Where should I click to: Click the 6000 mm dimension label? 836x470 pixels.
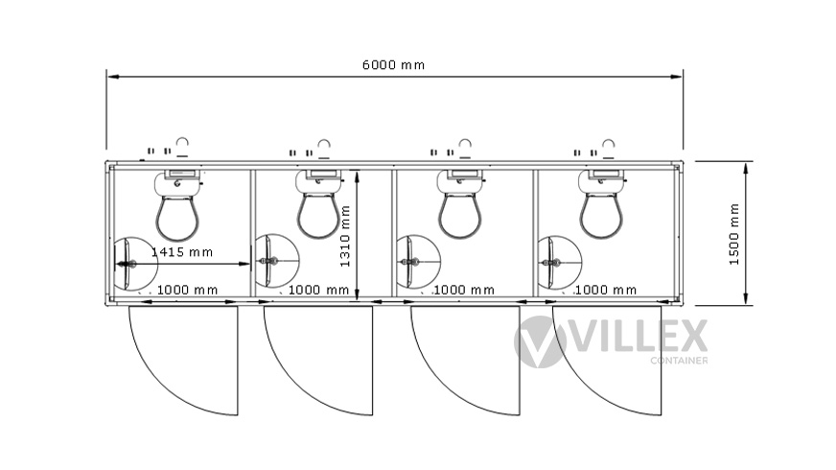coord(393,65)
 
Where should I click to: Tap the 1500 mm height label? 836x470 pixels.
coord(734,234)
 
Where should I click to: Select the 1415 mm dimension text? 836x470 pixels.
coord(182,252)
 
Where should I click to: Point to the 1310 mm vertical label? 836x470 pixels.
coord(345,236)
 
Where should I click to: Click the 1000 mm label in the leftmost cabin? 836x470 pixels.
coord(187,290)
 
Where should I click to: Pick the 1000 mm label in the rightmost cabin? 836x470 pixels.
coord(606,290)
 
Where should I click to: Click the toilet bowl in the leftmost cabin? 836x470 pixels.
coord(177,217)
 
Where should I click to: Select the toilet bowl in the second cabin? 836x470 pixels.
coord(318,215)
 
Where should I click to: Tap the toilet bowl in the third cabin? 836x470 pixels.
coord(459,215)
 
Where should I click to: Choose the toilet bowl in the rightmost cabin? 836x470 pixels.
coord(601,215)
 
